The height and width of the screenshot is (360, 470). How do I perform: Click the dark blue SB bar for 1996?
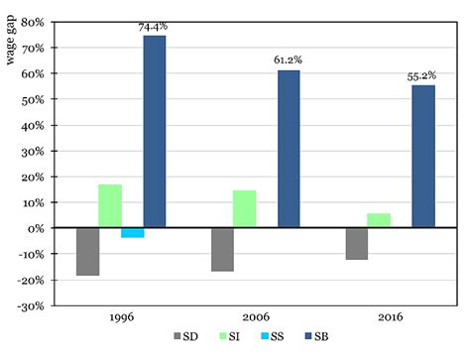coord(155,131)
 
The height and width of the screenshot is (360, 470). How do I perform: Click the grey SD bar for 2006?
coord(222,249)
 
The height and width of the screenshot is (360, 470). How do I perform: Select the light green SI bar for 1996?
coord(110,206)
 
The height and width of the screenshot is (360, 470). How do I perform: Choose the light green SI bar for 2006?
coord(244,209)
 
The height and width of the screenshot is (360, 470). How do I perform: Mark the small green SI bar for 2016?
coord(379,220)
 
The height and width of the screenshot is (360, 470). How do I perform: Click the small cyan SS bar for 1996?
coord(133,232)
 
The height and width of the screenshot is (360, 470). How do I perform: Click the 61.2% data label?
coord(288,60)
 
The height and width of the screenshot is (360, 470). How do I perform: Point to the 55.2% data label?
coord(422,75)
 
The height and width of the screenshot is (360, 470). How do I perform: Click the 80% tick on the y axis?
coord(37,22)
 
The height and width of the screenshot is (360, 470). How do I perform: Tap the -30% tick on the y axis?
coord(35,305)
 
